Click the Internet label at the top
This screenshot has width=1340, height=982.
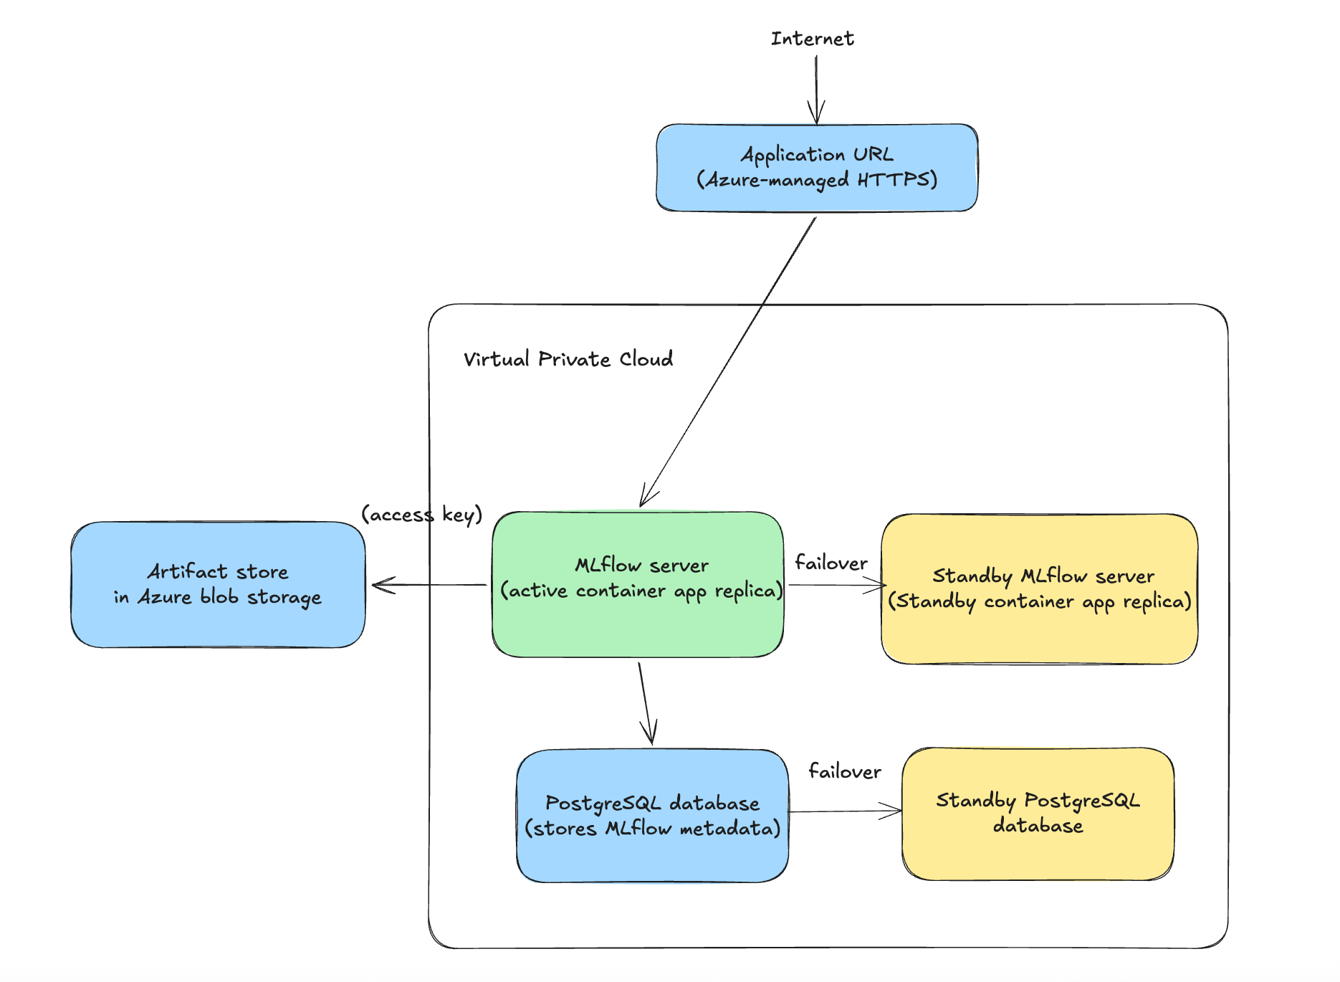point(812,39)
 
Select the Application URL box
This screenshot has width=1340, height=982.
point(816,167)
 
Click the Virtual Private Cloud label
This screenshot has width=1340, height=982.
point(568,358)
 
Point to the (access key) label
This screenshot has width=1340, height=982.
point(421,514)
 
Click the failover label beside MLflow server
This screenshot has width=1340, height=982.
point(831,563)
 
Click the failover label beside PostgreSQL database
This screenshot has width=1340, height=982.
point(844,771)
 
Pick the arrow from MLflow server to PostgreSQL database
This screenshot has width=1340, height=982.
point(645,702)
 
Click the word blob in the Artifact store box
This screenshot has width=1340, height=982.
point(219,596)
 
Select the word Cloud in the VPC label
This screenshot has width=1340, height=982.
point(646,358)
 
